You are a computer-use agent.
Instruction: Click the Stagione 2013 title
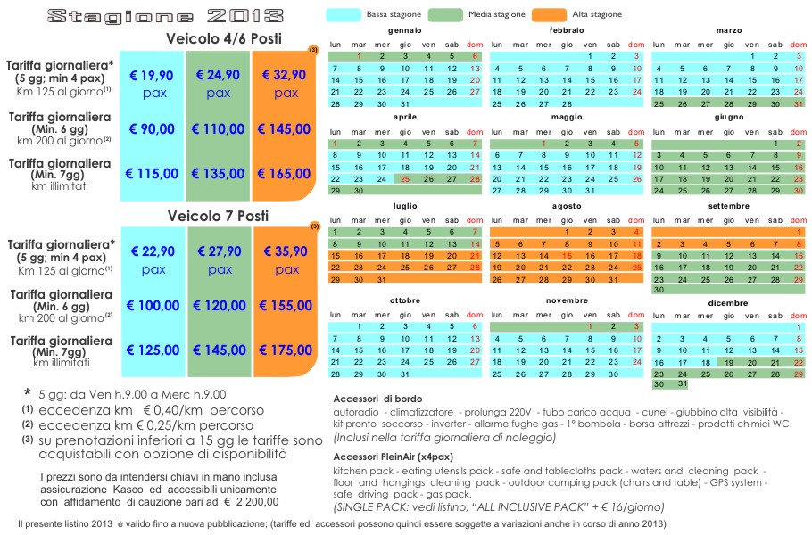(165, 16)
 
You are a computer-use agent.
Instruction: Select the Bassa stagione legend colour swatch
(344, 15)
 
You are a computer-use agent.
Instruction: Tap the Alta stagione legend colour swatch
(549, 15)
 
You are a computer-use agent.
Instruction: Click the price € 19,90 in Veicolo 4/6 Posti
(151, 76)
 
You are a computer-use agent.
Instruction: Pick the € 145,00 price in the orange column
(285, 128)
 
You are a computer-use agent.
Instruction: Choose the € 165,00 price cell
(285, 173)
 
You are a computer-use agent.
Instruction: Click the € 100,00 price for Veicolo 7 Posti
(153, 305)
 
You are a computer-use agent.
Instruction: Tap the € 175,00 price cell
(286, 350)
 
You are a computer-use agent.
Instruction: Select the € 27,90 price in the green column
(220, 251)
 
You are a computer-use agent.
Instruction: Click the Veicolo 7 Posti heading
(218, 216)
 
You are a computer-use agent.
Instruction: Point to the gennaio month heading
(405, 30)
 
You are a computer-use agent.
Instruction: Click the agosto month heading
(567, 206)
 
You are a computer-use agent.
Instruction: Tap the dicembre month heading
(728, 303)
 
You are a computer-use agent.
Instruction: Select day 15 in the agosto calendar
(567, 256)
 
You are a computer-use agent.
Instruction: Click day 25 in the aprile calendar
(405, 179)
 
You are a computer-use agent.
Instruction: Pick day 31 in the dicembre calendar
(683, 384)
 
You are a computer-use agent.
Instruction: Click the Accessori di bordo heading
(377, 399)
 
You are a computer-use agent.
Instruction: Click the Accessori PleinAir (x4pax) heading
(393, 457)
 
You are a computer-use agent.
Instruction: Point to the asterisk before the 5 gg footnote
(27, 393)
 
